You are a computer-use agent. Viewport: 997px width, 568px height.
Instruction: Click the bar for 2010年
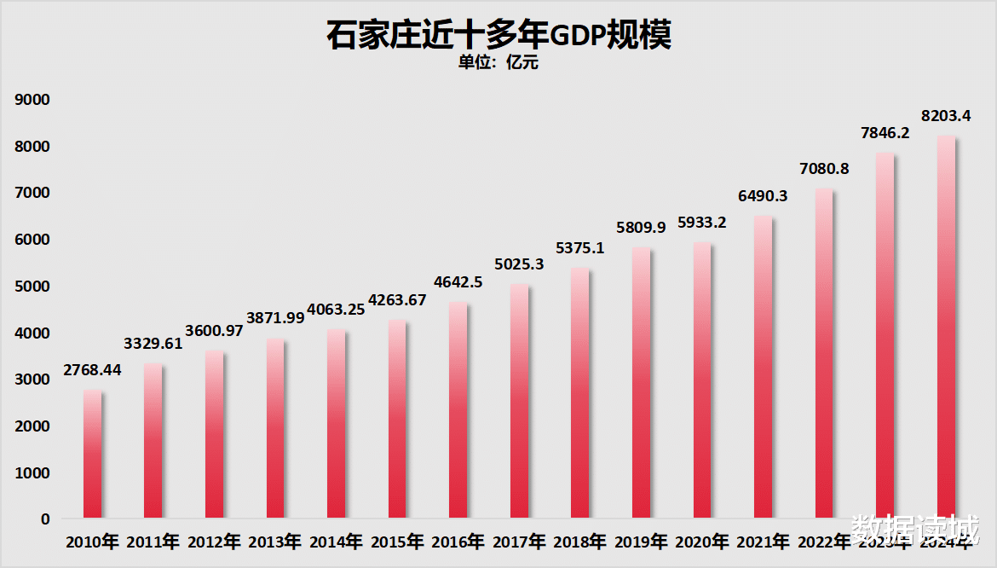tap(92, 454)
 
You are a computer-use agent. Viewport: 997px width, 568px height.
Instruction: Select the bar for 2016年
tap(458, 409)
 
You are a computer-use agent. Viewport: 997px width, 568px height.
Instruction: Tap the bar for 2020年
tap(701, 380)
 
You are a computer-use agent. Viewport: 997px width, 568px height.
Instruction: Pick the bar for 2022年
tap(823, 353)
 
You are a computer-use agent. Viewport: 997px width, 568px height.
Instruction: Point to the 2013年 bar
tap(275, 428)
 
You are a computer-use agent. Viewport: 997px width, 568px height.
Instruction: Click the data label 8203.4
tap(946, 114)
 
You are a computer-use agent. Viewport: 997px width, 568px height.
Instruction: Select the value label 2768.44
tap(92, 371)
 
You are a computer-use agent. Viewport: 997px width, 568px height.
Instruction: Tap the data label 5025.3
tap(519, 265)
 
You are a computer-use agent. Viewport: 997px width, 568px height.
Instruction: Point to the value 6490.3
tap(763, 196)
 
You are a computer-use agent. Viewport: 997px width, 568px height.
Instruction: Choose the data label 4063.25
tap(336, 310)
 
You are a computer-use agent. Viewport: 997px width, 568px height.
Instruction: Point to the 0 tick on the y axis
tap(44, 519)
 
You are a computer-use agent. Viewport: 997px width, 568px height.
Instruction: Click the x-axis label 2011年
tap(153, 542)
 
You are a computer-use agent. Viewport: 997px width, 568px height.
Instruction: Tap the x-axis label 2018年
tap(579, 542)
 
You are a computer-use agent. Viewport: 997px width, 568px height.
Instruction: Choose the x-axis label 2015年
tap(396, 542)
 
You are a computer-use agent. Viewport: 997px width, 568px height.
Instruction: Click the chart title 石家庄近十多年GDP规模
tap(498, 36)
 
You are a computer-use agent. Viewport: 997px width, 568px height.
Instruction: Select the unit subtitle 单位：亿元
tap(498, 62)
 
